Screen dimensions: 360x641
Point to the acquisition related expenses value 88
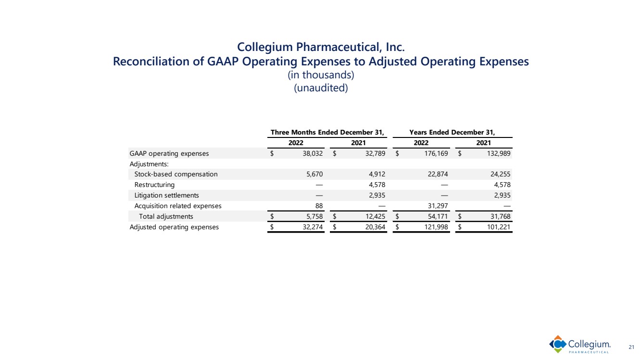click(x=318, y=206)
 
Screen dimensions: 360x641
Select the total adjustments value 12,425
click(x=375, y=216)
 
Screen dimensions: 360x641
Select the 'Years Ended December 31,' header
click(x=452, y=132)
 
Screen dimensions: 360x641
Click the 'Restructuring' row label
click(x=154, y=185)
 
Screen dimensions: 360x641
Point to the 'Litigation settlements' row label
click(x=166, y=195)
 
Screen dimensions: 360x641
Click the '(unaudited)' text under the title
click(x=320, y=88)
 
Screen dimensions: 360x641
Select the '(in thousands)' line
click(x=320, y=76)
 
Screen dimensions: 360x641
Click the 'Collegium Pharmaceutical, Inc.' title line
click(x=320, y=48)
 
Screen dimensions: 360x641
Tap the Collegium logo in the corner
click(x=580, y=345)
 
